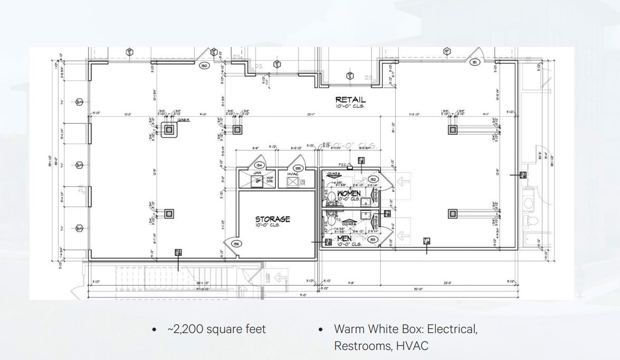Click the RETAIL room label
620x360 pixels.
pos(350,99)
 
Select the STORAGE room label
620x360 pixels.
pos(272,219)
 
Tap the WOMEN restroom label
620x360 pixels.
pos(349,194)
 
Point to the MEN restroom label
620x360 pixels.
pos(344,239)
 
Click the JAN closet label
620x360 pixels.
pos(257,172)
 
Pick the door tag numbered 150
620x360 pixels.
pos(204,66)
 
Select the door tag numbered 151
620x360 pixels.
pos(474,63)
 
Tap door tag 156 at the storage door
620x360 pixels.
pos(236,244)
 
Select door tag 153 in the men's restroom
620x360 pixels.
pos(372,240)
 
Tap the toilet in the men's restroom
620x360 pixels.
pos(331,218)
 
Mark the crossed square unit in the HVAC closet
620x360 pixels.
pos(293,182)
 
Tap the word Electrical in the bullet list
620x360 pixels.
pos(452,329)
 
